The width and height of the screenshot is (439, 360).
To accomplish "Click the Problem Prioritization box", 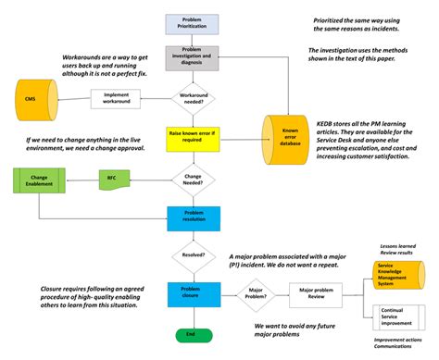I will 192,22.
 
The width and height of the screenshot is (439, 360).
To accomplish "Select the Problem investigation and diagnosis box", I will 192,58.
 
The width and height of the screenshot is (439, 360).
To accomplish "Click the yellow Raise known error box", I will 192,137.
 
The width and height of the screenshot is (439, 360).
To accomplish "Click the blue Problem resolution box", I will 192,217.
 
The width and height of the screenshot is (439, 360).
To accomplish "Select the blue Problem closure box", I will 192,294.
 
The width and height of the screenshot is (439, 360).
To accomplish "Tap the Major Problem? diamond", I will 257,294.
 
